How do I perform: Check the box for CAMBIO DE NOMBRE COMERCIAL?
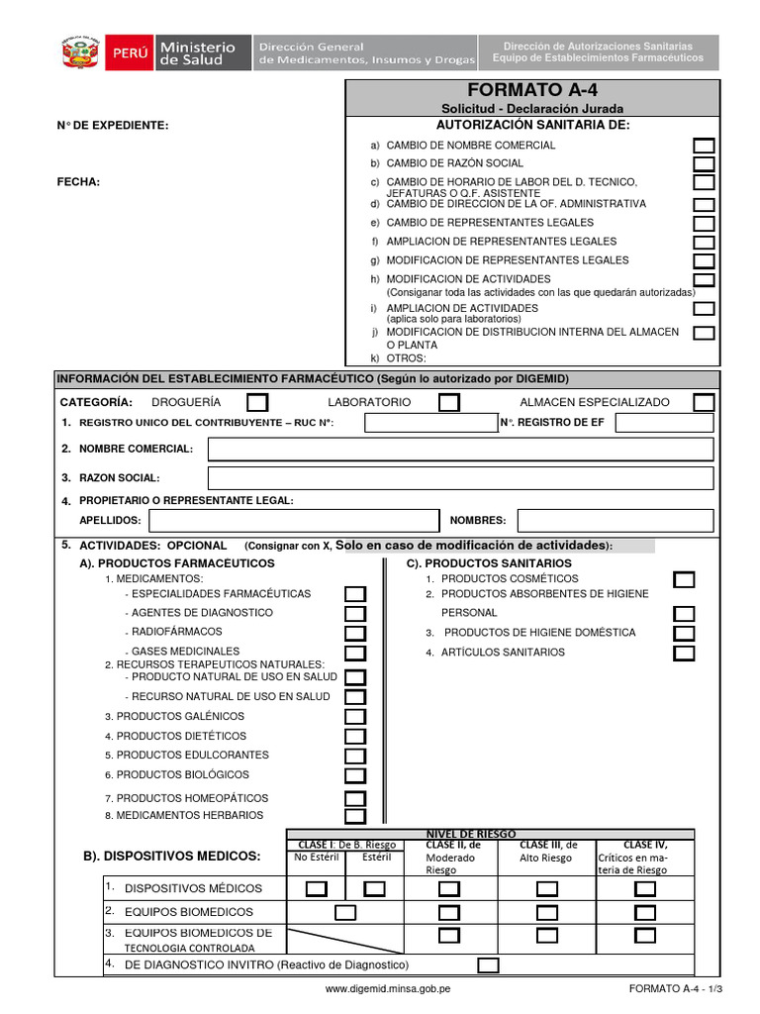pyautogui.click(x=704, y=146)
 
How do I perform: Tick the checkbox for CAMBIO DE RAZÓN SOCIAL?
pyautogui.click(x=704, y=163)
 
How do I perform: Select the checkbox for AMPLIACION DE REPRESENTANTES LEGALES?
pyautogui.click(x=704, y=242)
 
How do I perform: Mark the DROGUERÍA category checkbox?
pyautogui.click(x=256, y=402)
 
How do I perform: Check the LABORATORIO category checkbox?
pyautogui.click(x=448, y=402)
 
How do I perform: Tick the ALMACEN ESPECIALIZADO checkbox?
pyautogui.click(x=704, y=402)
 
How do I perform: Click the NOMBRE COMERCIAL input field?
pyautogui.click(x=460, y=450)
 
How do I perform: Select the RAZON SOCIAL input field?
pyautogui.click(x=460, y=478)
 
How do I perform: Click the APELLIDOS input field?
pyautogui.click(x=293, y=521)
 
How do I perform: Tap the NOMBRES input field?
pyautogui.click(x=616, y=521)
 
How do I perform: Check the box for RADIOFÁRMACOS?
pyautogui.click(x=355, y=633)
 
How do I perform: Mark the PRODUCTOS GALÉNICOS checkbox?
pyautogui.click(x=355, y=717)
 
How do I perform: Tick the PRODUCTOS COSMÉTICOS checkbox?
pyautogui.click(x=684, y=579)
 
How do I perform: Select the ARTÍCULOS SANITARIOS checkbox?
pyautogui.click(x=684, y=653)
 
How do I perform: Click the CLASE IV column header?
pyautogui.click(x=644, y=845)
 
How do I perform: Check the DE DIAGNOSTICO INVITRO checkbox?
pyautogui.click(x=488, y=964)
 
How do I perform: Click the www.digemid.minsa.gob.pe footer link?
pyautogui.click(x=388, y=988)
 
